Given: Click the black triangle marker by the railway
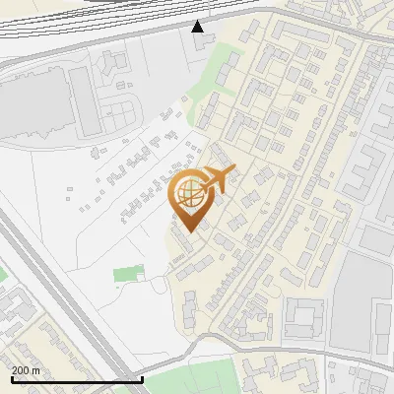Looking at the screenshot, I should [199, 27].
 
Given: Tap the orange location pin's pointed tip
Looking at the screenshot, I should [188, 231].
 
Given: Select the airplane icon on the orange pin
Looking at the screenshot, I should [217, 180].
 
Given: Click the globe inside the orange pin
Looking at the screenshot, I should [188, 196].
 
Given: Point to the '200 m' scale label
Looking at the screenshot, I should [26, 369].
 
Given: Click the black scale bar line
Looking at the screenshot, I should [77, 379].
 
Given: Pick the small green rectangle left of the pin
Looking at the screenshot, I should [127, 273].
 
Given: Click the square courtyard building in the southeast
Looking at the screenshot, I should [304, 316].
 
